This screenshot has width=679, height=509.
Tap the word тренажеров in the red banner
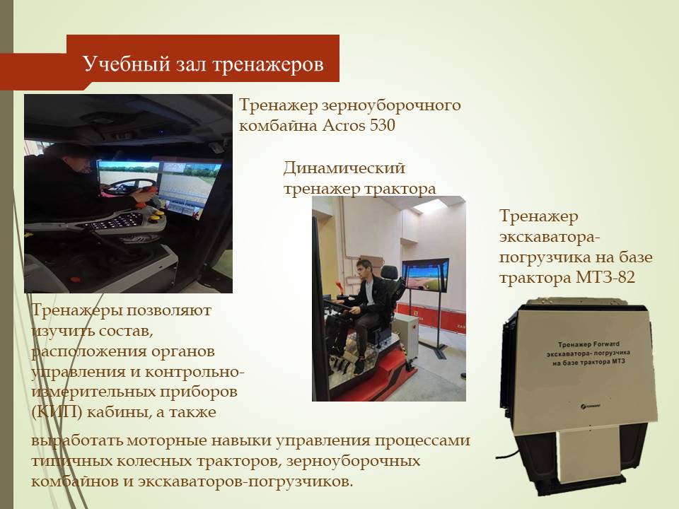pyautogui.click(x=268, y=64)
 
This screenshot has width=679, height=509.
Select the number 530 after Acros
pyautogui.click(x=383, y=126)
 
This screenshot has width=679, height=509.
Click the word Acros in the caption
pyautogui.click(x=344, y=126)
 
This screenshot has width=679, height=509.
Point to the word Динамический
pyautogui.click(x=344, y=168)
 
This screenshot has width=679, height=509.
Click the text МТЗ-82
pyautogui.click(x=605, y=277)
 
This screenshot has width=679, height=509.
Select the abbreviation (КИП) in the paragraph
pyautogui.click(x=57, y=412)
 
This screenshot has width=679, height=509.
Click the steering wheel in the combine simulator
pyautogui.click(x=130, y=187)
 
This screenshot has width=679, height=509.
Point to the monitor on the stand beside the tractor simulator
pyautogui.click(x=425, y=275)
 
